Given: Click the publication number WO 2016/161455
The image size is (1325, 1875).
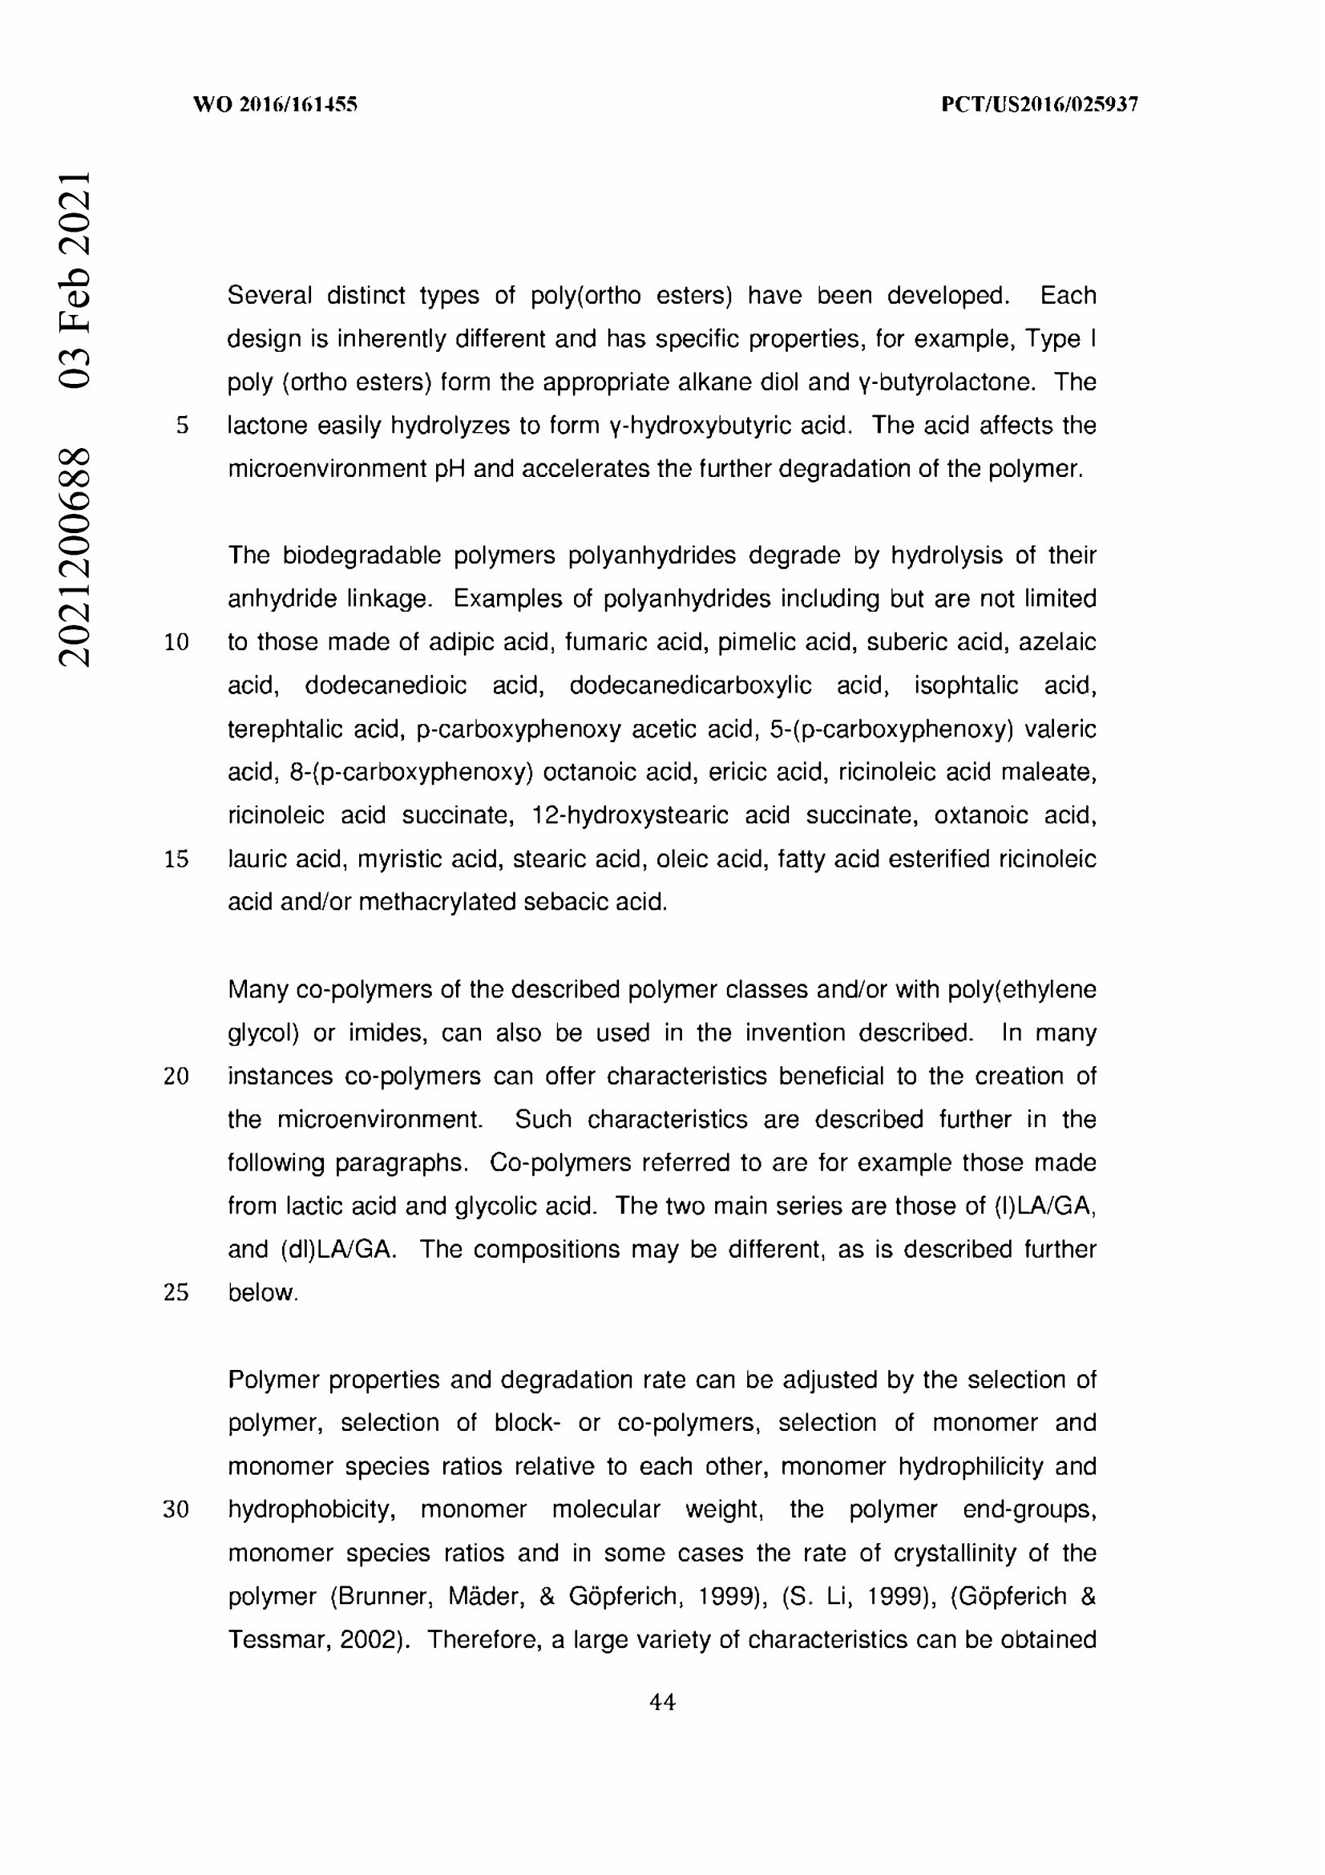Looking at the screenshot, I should [x=275, y=104].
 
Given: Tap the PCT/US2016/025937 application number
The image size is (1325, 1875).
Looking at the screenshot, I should [x=1040, y=104].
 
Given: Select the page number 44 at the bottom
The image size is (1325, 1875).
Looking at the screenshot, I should [x=662, y=1703].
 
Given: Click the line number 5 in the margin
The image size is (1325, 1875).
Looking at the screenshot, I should [x=182, y=426].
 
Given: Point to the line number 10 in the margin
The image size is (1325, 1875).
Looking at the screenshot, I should [x=176, y=643].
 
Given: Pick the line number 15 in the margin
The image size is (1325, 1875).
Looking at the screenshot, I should [x=176, y=859].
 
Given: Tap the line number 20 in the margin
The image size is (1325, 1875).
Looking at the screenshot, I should [x=176, y=1077].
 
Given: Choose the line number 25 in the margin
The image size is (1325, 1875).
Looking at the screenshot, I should [x=176, y=1293].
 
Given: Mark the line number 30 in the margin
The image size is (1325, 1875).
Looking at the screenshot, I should [x=176, y=1510].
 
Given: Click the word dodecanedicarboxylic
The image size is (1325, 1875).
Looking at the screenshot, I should [x=690, y=685].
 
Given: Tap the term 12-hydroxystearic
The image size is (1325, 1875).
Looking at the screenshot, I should [x=629, y=816].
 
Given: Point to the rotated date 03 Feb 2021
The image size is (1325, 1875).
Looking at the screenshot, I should [x=74, y=277].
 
